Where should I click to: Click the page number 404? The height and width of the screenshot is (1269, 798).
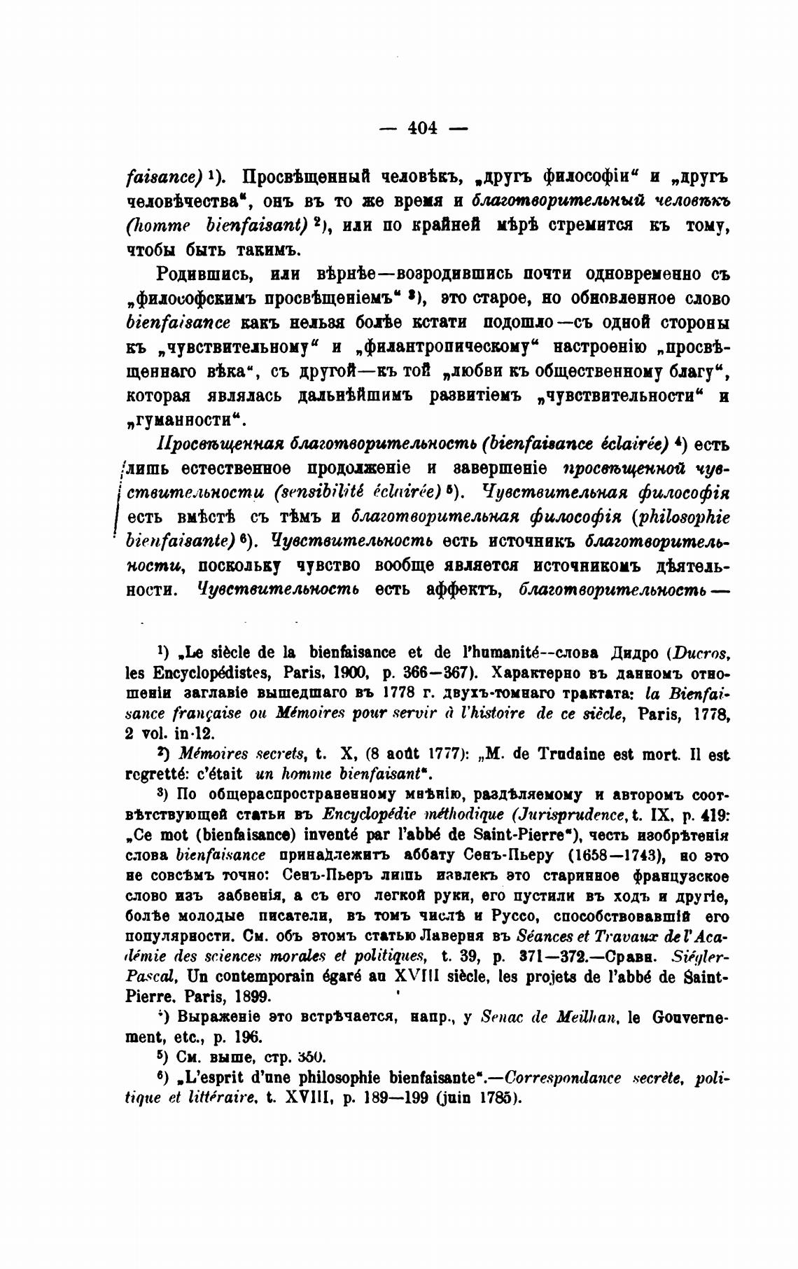pyautogui.click(x=422, y=127)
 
